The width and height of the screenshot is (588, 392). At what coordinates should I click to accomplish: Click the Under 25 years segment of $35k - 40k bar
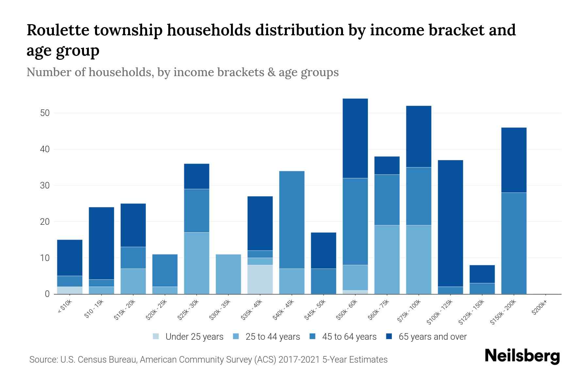click(x=260, y=279)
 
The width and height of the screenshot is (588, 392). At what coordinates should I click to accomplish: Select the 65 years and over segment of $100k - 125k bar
click(x=450, y=223)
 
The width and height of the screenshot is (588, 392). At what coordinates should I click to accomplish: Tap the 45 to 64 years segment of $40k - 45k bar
click(x=292, y=220)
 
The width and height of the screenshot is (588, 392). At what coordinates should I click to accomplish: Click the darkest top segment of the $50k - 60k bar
click(x=355, y=138)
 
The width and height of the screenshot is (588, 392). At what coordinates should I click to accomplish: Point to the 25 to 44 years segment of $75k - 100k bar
click(x=418, y=260)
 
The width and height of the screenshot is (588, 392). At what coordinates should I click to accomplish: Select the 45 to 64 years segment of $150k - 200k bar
click(x=514, y=243)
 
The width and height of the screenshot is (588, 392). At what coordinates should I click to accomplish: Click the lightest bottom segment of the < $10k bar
click(x=70, y=290)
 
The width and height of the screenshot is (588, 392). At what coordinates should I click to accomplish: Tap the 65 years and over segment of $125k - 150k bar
click(x=482, y=274)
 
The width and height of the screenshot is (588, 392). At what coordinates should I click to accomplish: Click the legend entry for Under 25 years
click(x=194, y=337)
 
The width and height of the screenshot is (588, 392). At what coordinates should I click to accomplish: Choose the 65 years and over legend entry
click(x=432, y=337)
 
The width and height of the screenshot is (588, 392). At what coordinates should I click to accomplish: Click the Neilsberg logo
click(x=522, y=356)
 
